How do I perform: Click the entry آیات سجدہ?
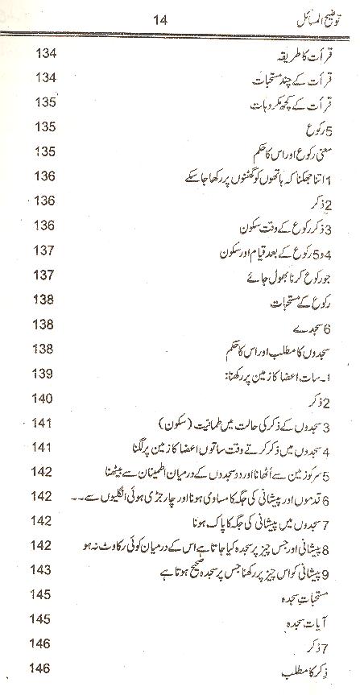[x=320, y=620]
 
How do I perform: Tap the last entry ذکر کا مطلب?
[x=317, y=670]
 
